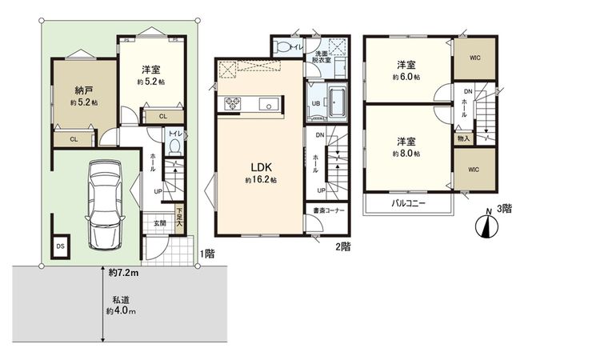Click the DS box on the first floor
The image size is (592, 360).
point(61,246)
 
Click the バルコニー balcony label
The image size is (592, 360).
point(408,204)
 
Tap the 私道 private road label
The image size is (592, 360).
point(121,305)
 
